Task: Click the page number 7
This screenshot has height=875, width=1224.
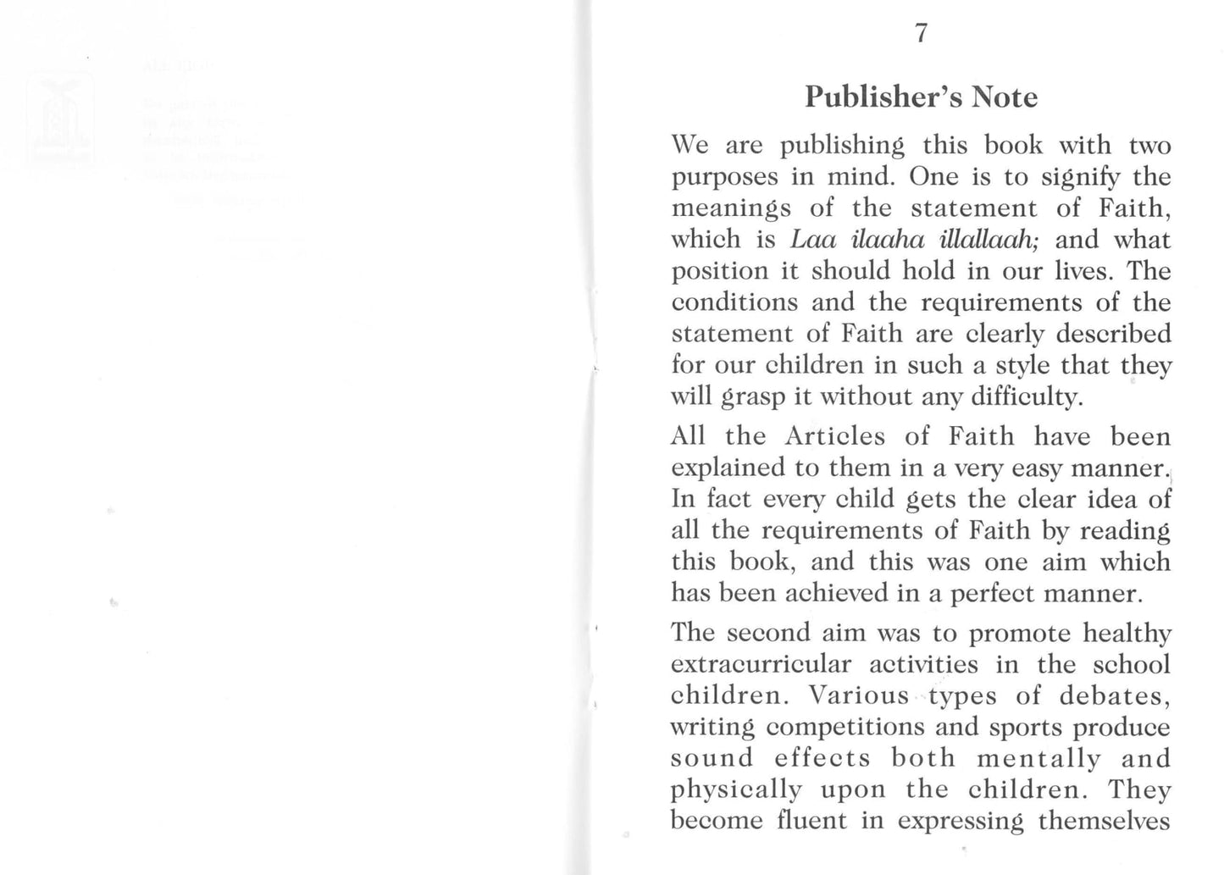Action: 921,34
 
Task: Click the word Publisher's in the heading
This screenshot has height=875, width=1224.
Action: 883,97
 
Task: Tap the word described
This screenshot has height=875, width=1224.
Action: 1116,334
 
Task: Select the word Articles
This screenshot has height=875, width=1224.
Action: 834,437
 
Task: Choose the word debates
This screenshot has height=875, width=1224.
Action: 1114,696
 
